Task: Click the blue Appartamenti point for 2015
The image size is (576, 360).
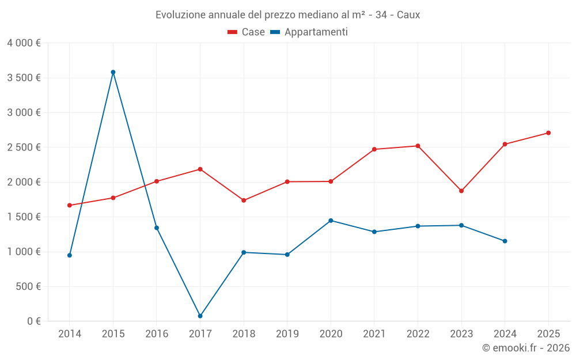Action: coord(113,72)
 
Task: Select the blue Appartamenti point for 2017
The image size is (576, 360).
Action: coord(200,316)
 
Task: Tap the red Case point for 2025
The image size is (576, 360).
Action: coord(548,133)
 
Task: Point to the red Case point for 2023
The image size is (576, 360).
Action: coord(461,191)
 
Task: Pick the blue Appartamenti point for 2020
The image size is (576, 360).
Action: coord(331,221)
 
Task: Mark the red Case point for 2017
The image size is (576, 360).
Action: coord(200,169)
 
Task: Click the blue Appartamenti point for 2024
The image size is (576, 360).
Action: coord(505,241)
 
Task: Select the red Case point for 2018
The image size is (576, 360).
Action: coord(244,200)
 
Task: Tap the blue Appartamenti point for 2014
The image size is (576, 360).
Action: coord(70,255)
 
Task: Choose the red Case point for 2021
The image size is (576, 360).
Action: coord(374,149)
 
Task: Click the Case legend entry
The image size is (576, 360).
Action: coord(246,32)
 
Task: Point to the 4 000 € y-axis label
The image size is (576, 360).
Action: coord(24,43)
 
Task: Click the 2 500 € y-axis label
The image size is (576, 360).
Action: coord(24,147)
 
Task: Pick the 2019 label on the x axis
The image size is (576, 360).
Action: coord(287,334)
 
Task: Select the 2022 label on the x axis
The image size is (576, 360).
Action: coord(418,334)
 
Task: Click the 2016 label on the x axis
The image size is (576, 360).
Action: coord(157,334)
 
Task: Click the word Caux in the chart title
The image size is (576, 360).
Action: coord(408,15)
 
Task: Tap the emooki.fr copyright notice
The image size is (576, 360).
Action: coord(525,348)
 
